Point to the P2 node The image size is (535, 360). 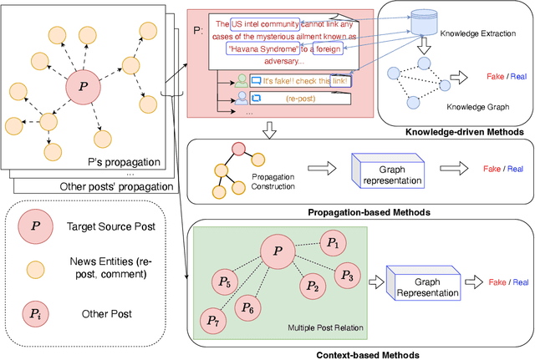click(x=312, y=286)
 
